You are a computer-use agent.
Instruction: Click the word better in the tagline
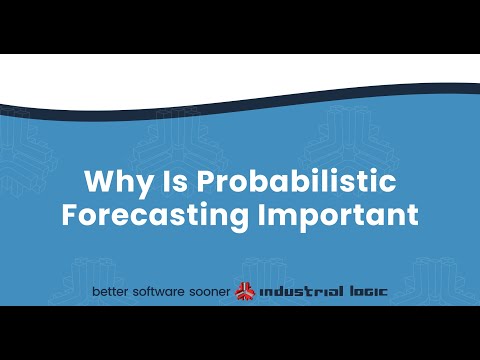click(x=112, y=292)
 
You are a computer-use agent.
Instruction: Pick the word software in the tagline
click(x=164, y=292)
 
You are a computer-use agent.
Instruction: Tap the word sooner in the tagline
click(x=212, y=292)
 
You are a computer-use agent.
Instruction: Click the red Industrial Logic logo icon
click(x=245, y=292)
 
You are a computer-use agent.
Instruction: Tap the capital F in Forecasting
click(x=70, y=215)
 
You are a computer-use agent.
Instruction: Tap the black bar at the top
click(x=240, y=26)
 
